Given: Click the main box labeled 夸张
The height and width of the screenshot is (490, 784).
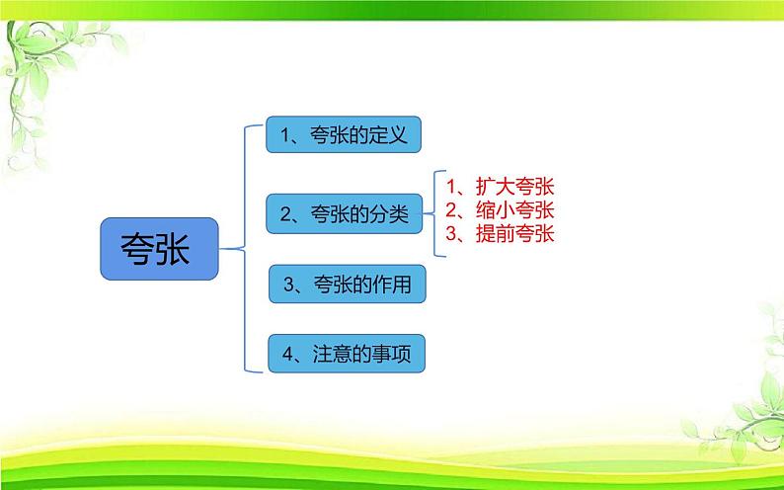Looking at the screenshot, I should [x=159, y=248].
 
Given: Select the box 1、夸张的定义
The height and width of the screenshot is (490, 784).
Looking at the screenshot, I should [x=344, y=134].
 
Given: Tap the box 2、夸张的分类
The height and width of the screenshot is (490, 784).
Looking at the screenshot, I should [x=344, y=211].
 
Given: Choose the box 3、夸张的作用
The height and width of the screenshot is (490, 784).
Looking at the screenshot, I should [x=348, y=286].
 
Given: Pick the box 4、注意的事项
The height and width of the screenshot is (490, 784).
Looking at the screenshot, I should [x=348, y=353].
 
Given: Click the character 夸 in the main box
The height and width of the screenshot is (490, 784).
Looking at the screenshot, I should [x=138, y=248].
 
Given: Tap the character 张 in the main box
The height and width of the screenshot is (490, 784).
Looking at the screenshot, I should [x=181, y=248].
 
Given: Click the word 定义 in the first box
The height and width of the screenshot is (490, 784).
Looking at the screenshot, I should [x=388, y=134].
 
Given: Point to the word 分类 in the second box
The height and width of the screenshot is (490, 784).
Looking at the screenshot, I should [x=388, y=211].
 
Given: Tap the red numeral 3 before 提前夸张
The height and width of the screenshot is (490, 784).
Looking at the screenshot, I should [x=450, y=234].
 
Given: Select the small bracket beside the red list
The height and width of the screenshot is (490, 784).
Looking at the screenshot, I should [x=434, y=211].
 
